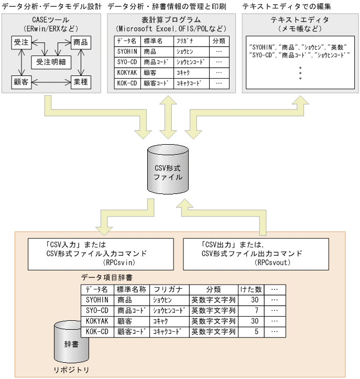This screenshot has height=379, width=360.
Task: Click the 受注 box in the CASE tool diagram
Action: (x=21, y=42)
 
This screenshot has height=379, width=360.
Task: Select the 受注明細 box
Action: (x=51, y=62)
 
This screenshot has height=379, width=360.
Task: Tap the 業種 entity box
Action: (x=81, y=82)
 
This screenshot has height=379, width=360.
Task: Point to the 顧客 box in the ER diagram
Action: (x=21, y=82)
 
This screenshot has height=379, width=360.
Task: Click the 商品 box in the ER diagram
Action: (x=81, y=42)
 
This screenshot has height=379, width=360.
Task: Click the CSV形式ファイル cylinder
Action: (x=168, y=169)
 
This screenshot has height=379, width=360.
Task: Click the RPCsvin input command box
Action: (x=101, y=254)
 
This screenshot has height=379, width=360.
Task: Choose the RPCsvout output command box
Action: (x=256, y=254)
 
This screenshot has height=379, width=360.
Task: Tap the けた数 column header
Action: (x=251, y=289)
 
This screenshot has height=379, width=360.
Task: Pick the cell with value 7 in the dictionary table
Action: (x=251, y=311)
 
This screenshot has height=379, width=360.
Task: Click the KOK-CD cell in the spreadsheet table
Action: (x=127, y=83)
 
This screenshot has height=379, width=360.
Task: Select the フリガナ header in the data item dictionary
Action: (x=169, y=289)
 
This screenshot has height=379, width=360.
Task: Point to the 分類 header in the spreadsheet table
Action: (x=219, y=41)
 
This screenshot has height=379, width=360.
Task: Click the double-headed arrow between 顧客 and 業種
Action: (x=51, y=82)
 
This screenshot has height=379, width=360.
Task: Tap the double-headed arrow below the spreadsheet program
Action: (x=168, y=117)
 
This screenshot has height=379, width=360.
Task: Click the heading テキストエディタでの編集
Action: (x=287, y=6)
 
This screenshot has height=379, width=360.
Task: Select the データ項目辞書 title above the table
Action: (x=106, y=277)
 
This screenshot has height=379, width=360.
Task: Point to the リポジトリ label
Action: (x=71, y=370)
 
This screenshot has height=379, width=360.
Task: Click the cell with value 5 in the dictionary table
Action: (x=251, y=332)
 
